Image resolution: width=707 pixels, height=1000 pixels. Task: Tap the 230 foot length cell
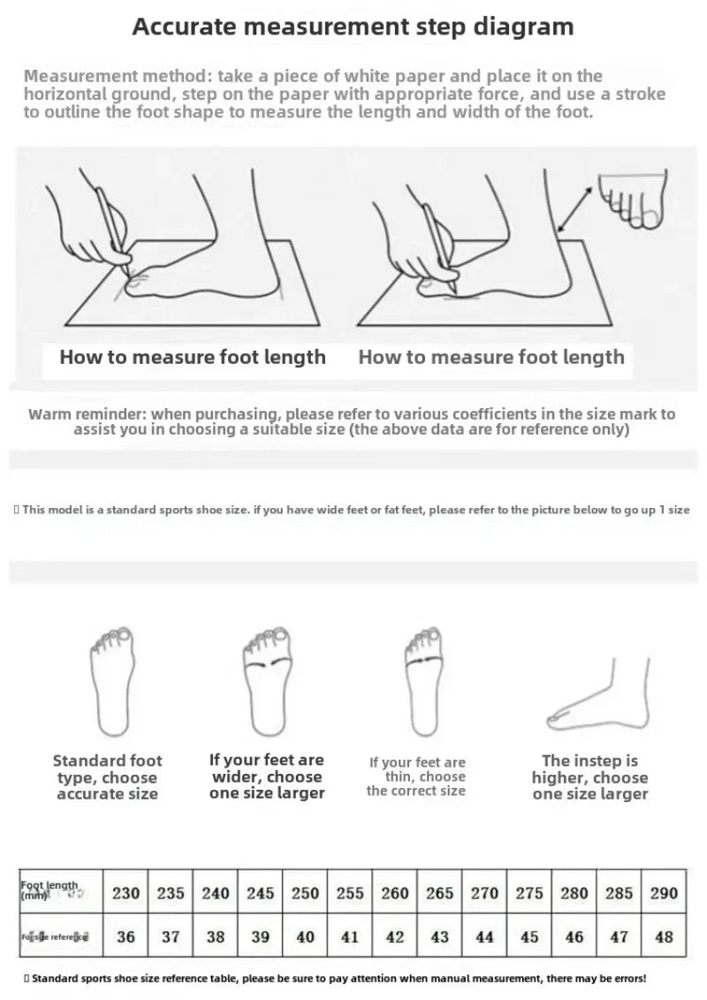tap(126, 892)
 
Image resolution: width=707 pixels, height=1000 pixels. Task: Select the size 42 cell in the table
tap(395, 936)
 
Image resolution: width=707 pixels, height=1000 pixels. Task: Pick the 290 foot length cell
tap(664, 892)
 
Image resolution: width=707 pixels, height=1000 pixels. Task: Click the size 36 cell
tap(126, 936)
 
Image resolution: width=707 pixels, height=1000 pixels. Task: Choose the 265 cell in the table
tap(440, 892)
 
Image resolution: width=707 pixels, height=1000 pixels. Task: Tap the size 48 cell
tap(664, 936)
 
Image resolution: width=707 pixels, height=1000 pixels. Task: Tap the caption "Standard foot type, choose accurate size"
tap(107, 777)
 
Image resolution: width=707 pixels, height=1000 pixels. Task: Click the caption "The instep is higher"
tap(589, 777)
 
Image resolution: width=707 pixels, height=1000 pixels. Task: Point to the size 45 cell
tap(529, 936)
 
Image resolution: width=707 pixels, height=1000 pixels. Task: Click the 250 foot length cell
tap(306, 892)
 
